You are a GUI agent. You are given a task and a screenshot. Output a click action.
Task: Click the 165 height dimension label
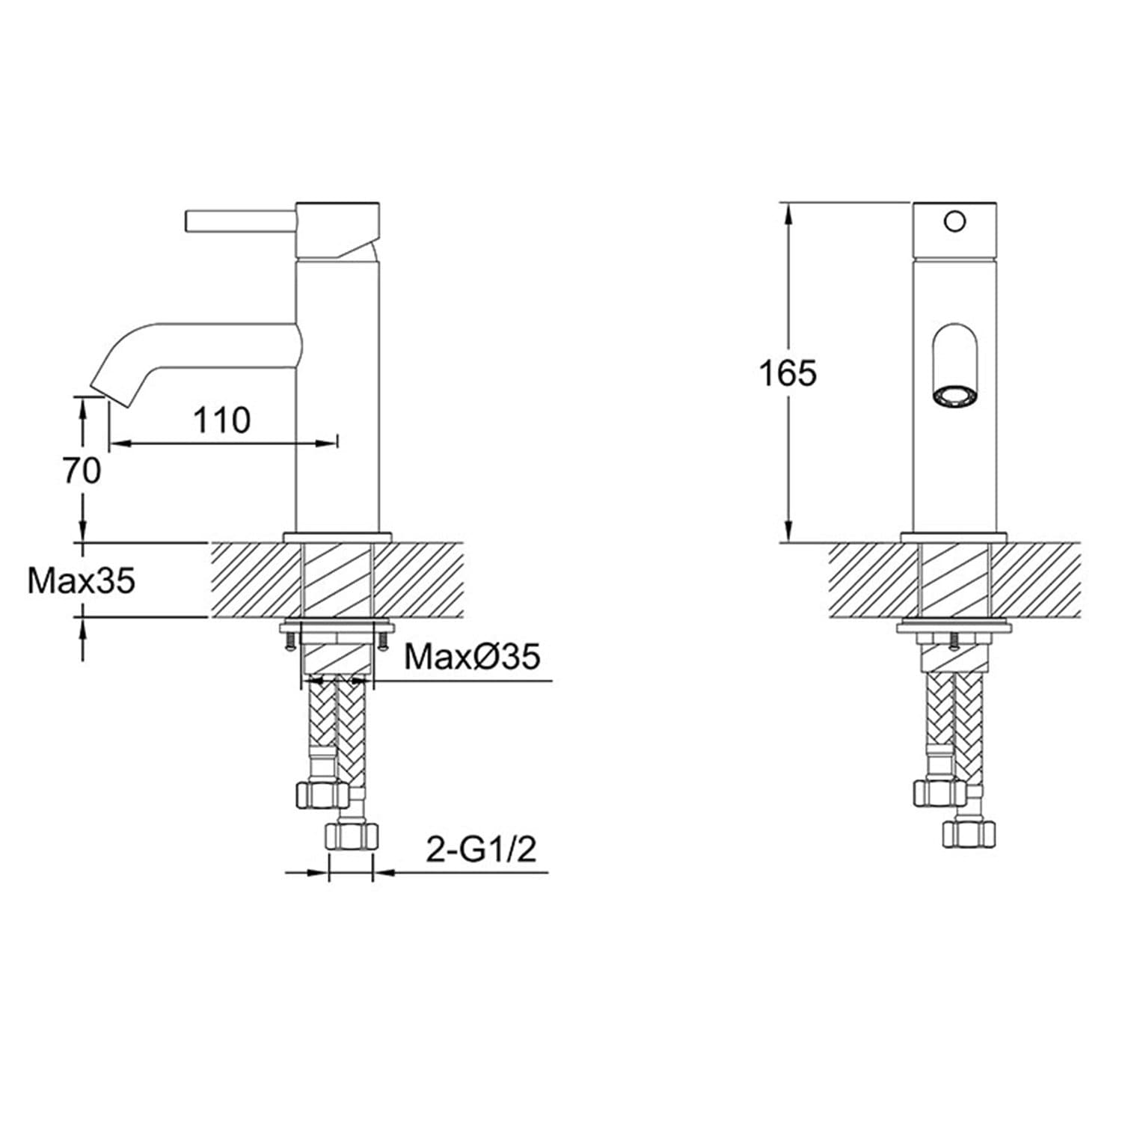click(x=788, y=373)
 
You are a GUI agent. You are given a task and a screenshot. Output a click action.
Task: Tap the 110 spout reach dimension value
click(x=222, y=420)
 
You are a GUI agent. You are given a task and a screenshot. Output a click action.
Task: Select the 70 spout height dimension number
click(x=82, y=471)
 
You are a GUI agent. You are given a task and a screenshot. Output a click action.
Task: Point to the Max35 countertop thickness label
click(x=82, y=580)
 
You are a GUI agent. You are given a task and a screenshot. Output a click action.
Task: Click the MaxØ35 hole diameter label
click(x=472, y=657)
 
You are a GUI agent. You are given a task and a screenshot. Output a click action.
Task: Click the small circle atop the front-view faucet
click(x=954, y=221)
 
